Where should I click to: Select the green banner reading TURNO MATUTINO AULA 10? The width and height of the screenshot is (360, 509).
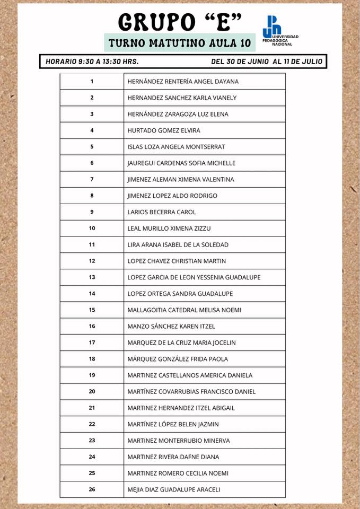(179, 42)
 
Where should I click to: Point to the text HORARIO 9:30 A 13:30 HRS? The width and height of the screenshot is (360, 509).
(92, 62)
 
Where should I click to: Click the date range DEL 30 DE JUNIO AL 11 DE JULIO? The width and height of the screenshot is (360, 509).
(266, 62)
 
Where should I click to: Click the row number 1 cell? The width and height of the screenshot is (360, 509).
(92, 81)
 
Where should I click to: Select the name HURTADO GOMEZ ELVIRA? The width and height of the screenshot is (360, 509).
(164, 130)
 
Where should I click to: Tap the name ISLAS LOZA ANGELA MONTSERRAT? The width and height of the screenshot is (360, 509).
(176, 147)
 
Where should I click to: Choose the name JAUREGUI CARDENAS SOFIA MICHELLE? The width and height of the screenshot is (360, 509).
(181, 163)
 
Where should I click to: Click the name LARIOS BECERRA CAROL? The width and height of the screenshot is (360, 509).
(162, 212)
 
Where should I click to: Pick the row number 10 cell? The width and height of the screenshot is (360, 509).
(92, 229)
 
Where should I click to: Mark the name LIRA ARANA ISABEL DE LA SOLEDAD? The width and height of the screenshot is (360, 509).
(178, 245)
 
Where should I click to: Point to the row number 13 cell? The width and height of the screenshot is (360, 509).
(92, 277)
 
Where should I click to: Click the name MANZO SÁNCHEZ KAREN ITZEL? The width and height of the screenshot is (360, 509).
(171, 327)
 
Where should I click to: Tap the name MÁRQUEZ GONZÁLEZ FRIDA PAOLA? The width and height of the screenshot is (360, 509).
(178, 359)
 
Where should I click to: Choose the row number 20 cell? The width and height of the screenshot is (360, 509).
(92, 392)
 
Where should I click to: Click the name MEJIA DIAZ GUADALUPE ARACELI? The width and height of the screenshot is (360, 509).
(174, 489)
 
